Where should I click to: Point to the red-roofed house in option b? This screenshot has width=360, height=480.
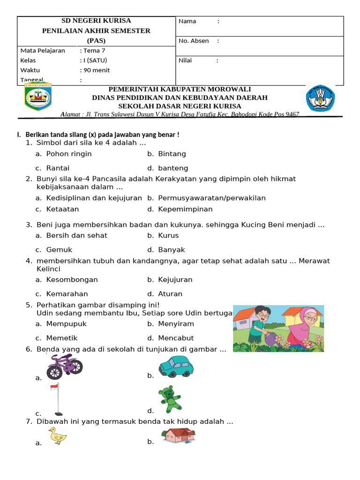pyautogui.click(x=178, y=435)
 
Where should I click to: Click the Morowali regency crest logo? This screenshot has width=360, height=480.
pyautogui.click(x=38, y=97)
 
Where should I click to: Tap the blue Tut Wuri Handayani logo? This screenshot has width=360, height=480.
pyautogui.click(x=320, y=98)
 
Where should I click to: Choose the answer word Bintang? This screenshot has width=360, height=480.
pyautogui.click(x=172, y=154)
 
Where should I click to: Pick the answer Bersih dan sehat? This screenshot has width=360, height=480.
pyautogui.click(x=77, y=235)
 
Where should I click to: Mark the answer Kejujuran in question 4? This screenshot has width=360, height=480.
pyautogui.click(x=175, y=279)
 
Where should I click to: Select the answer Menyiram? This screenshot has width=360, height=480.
pyautogui.click(x=176, y=323)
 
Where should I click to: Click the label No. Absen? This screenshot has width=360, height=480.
pyautogui.click(x=194, y=41)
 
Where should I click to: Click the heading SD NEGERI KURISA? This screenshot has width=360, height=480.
pyautogui.click(x=97, y=21)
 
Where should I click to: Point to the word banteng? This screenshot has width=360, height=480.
pyautogui.click(x=173, y=168)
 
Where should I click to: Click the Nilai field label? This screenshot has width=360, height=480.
pyautogui.click(x=185, y=60)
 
